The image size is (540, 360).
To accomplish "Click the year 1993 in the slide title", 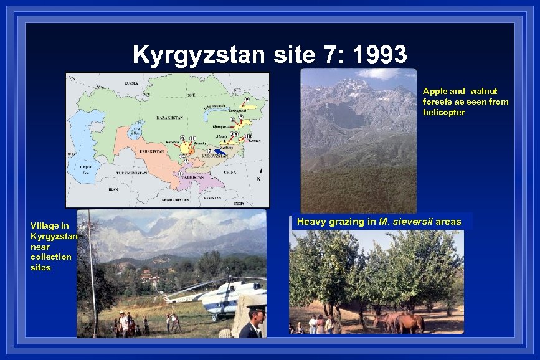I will [x=379, y=55].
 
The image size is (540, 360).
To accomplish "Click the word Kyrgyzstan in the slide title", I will [x=201, y=55].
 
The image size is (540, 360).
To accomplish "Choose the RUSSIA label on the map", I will [x=131, y=83].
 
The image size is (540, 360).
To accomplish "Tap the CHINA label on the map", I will [x=230, y=172].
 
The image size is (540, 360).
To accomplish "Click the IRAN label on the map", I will [x=113, y=189].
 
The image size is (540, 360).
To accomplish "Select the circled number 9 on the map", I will [x=247, y=100].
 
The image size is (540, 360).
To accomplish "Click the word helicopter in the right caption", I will [x=443, y=112].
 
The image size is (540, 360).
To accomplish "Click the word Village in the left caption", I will [x=45, y=225].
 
